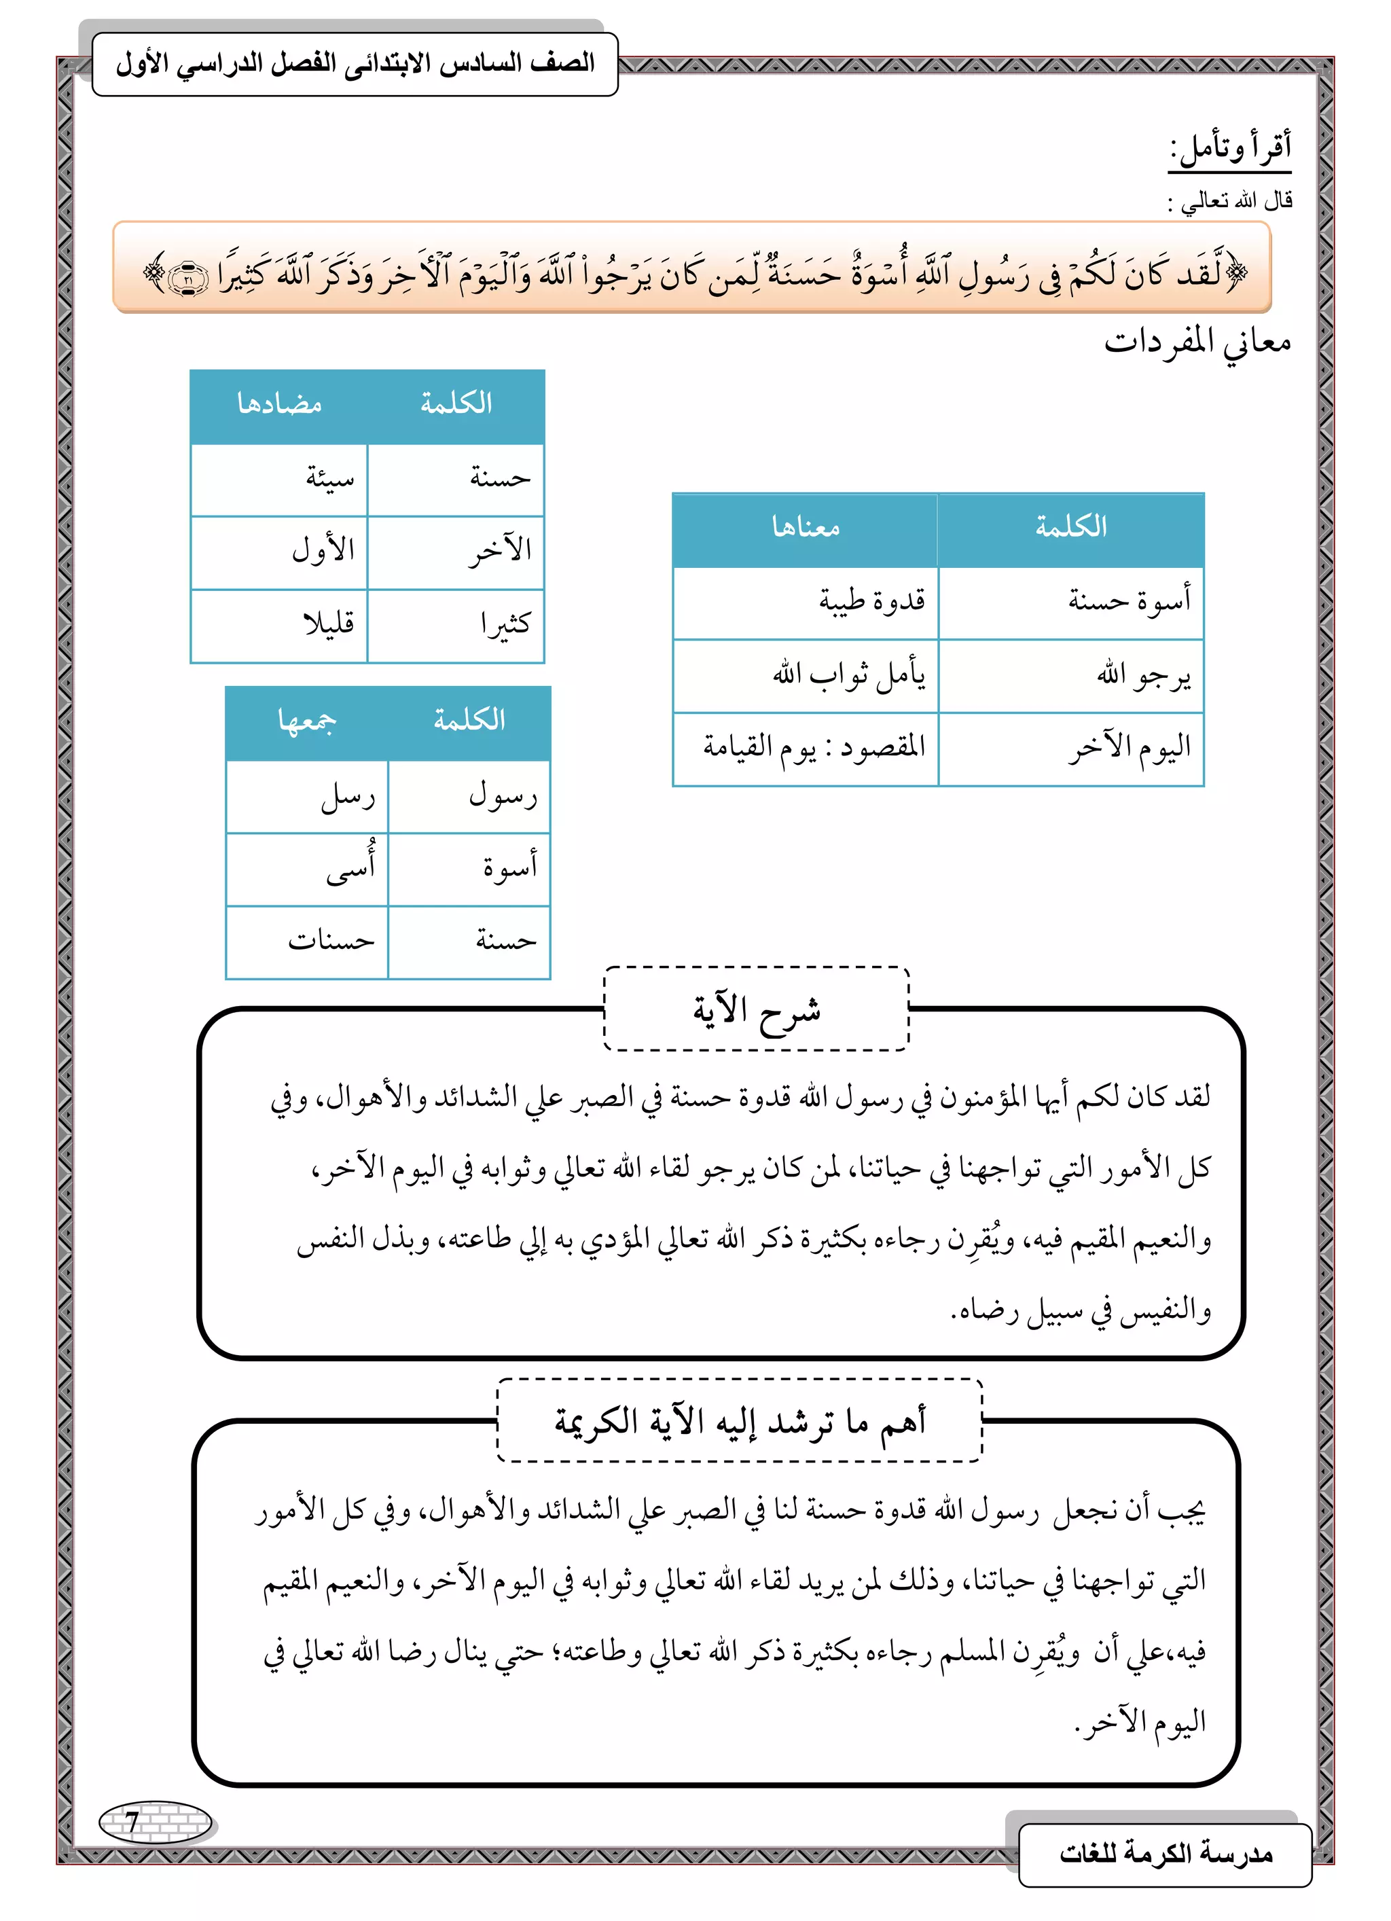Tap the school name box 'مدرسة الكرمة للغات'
[1165, 1854]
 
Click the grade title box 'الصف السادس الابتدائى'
[355, 65]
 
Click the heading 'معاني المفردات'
[1196, 342]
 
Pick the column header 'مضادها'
[280, 405]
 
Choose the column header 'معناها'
[806, 528]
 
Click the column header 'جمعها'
[308, 721]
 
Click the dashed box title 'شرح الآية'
[756, 1009]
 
